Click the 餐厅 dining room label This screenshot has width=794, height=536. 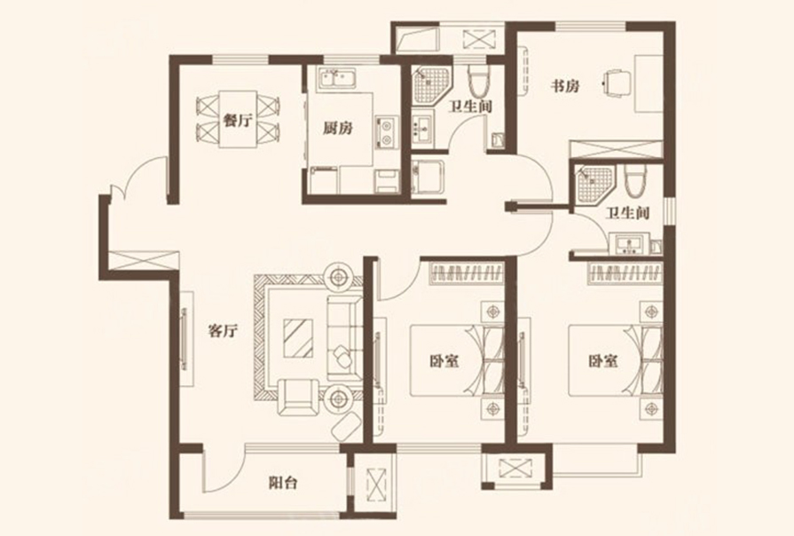[238, 121]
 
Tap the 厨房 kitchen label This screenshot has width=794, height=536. [338, 129]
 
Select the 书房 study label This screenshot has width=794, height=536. [565, 86]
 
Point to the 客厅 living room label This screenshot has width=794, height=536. [223, 332]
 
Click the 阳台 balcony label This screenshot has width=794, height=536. [283, 483]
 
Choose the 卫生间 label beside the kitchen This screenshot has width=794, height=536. [471, 106]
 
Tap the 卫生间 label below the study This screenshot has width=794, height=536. [627, 213]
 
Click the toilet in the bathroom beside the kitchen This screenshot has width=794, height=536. [478, 80]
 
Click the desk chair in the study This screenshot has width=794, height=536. [617, 83]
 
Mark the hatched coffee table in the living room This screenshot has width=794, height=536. [298, 338]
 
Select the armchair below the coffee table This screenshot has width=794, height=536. [298, 397]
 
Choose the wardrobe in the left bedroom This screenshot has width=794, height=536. [467, 273]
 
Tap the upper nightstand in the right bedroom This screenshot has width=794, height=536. [652, 311]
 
